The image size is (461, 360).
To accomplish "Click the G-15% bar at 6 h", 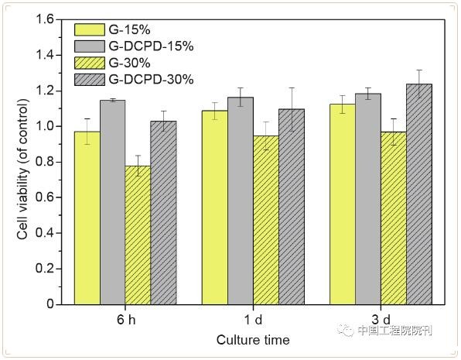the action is (87, 218).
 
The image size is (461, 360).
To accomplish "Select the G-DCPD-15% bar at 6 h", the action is (113, 202).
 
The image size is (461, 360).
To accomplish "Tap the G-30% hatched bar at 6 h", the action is (138, 235).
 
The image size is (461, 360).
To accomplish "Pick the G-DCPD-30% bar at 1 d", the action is (292, 207).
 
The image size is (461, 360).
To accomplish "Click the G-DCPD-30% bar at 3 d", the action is (419, 194).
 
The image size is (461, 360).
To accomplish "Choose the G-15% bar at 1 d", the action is (215, 207).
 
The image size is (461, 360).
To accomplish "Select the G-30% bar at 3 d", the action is (394, 218).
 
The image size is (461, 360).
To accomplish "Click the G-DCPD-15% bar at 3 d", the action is (368, 199).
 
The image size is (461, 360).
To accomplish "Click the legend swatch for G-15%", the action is (90, 29).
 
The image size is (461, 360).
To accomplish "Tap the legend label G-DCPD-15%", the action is (151, 46).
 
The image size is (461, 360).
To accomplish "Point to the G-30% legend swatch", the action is (90, 63).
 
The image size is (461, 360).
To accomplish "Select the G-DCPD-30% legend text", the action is (151, 80).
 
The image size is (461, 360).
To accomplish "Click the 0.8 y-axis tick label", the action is (45, 162).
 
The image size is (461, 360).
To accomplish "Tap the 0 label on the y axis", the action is (50, 304).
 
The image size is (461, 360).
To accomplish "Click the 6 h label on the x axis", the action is (126, 320).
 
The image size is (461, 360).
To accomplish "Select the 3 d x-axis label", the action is (381, 320).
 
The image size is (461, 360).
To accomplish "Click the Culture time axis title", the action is (253, 340).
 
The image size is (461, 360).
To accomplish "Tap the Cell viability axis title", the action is (22, 170).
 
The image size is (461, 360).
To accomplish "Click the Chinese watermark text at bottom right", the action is (394, 331).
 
